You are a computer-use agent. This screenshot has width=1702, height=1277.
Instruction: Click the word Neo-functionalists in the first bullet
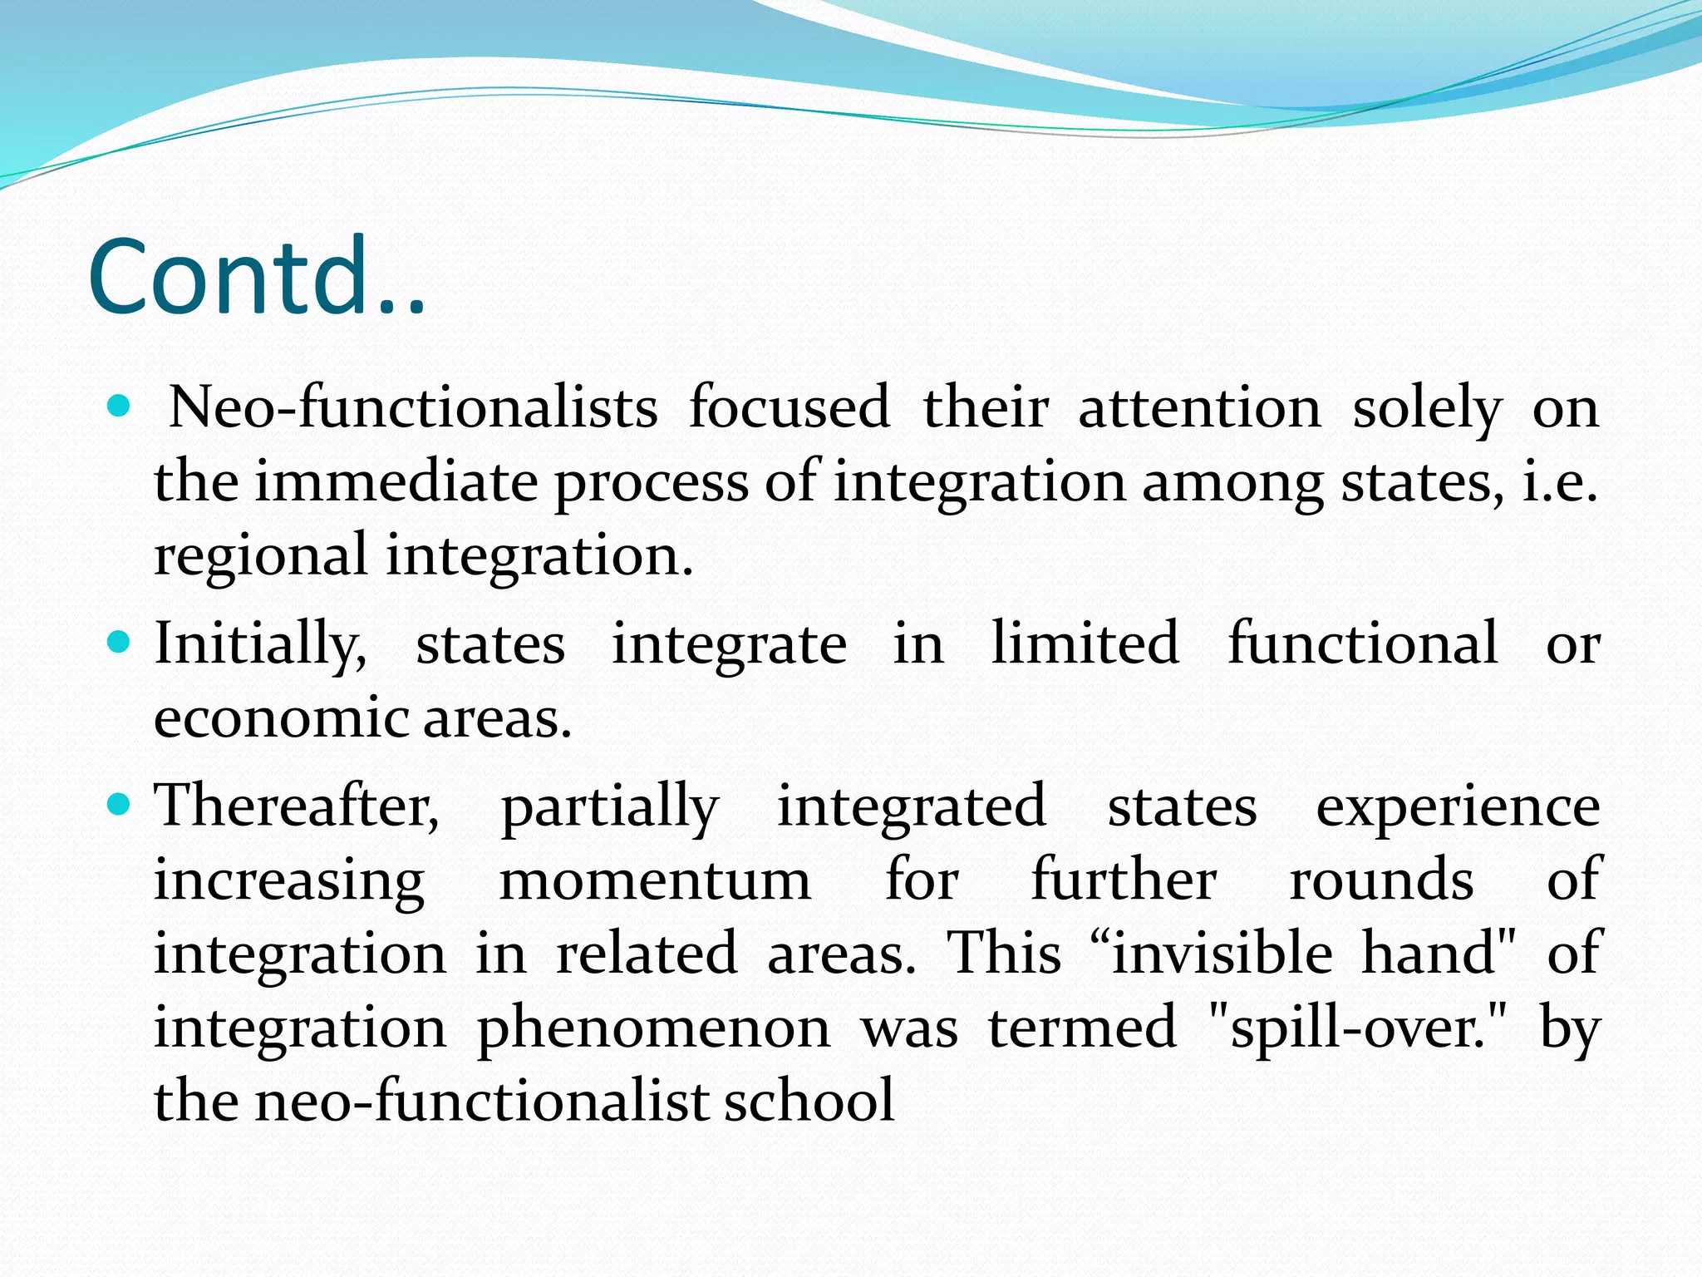(413, 407)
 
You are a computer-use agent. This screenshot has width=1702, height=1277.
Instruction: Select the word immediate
(396, 481)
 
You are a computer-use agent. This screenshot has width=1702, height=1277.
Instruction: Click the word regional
(260, 555)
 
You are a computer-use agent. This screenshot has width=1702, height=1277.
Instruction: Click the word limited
(1085, 643)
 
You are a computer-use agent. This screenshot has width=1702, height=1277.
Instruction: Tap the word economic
(280, 717)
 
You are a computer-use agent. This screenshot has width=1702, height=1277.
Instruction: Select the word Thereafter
(297, 806)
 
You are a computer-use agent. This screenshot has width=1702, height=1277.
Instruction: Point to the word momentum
(655, 880)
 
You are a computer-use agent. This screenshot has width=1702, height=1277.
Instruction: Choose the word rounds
(1381, 880)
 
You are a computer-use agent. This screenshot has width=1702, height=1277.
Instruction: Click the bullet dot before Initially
(120, 642)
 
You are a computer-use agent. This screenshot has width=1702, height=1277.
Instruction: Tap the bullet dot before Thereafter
(120, 804)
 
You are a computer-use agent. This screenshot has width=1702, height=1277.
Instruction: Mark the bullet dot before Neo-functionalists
(120, 407)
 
